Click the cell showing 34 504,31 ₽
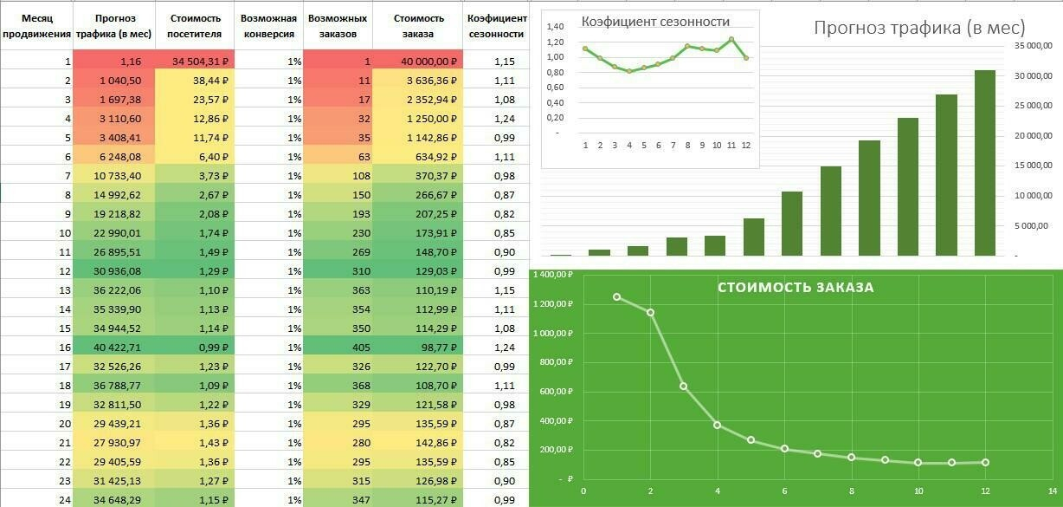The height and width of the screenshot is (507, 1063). point(195,62)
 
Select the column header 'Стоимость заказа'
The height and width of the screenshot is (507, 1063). point(418,26)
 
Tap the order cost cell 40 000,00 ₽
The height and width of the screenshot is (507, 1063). point(418,62)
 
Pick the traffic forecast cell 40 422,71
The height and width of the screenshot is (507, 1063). point(114,347)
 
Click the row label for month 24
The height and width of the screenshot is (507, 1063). point(36,499)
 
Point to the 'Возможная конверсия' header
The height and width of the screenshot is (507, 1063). point(268,26)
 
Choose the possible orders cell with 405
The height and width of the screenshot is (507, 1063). point(338,347)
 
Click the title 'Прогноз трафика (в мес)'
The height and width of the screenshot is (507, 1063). point(919,28)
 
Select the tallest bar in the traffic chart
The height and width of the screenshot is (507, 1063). point(985,163)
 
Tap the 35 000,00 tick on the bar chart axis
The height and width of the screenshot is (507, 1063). point(1033,45)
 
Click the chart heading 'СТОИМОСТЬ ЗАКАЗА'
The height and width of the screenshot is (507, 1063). point(796,288)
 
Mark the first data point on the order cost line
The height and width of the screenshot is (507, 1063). point(616,297)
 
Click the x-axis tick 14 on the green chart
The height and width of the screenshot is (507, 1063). point(1051,492)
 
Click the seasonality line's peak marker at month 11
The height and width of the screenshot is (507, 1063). point(731,40)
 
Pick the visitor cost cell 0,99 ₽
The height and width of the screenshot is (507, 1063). point(195,347)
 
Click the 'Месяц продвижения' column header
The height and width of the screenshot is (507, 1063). point(36,26)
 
